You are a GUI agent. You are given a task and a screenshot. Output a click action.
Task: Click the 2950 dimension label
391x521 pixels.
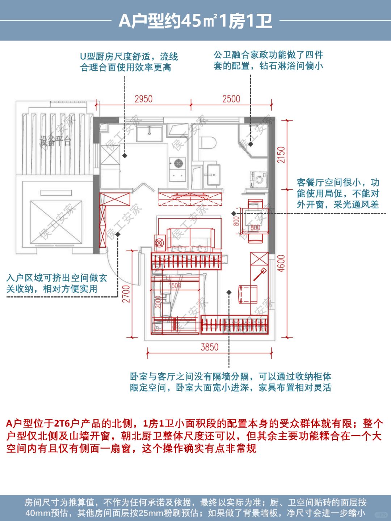pos(143,99)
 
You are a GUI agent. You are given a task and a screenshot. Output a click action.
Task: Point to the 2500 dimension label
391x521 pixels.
pos(231,99)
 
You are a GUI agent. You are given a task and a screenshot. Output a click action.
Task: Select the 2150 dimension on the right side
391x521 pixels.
pos(281,155)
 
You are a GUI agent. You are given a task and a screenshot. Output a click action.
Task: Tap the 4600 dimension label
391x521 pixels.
pos(281,263)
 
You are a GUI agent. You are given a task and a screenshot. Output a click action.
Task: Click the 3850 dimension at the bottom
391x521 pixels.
pos(210,347)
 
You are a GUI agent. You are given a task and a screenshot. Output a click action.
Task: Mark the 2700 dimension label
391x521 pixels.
pos(126,294)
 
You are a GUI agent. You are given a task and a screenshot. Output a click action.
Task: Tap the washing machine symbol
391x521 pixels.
pos(259,179)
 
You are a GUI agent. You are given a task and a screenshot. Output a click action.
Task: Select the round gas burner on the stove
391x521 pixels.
pos(178,163)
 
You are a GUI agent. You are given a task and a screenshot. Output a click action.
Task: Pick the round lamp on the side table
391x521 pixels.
pos(159,243)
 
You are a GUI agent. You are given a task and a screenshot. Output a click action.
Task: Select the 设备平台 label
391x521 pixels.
pos(55,141)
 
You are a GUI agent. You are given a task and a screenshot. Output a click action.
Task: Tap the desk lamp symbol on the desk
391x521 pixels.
pos(260,274)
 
